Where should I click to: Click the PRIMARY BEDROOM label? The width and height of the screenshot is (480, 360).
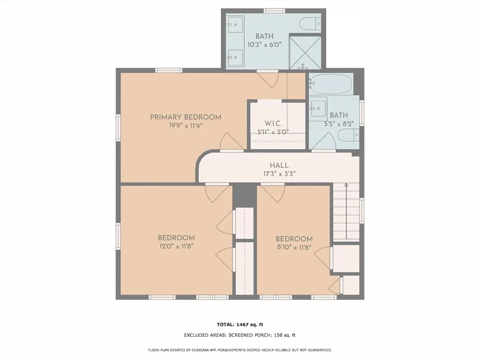tap(186, 117)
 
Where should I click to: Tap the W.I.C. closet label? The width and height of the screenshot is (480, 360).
tap(273, 123)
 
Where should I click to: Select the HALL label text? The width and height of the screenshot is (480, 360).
tap(279, 165)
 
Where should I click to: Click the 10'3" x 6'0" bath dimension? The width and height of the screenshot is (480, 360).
tap(264, 45)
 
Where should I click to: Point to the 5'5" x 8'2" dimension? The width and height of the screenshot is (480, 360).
tap(339, 124)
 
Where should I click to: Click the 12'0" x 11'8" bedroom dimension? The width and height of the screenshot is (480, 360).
tap(176, 246)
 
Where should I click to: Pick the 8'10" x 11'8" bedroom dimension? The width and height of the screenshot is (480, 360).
tap(294, 247)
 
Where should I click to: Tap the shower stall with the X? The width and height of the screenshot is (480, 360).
tap(305, 52)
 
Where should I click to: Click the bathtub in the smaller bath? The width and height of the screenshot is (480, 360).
tap(331, 83)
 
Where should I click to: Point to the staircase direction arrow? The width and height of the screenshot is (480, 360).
tap(346, 211)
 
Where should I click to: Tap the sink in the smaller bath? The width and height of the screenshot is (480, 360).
tap(318, 107)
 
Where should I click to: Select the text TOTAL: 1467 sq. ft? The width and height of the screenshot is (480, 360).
tap(240, 324)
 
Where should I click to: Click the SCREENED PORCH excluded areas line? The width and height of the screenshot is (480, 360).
tap(240, 335)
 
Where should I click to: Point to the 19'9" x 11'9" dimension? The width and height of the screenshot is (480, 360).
tap(186, 126)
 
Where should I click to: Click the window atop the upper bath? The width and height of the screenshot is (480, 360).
tap(274, 11)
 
